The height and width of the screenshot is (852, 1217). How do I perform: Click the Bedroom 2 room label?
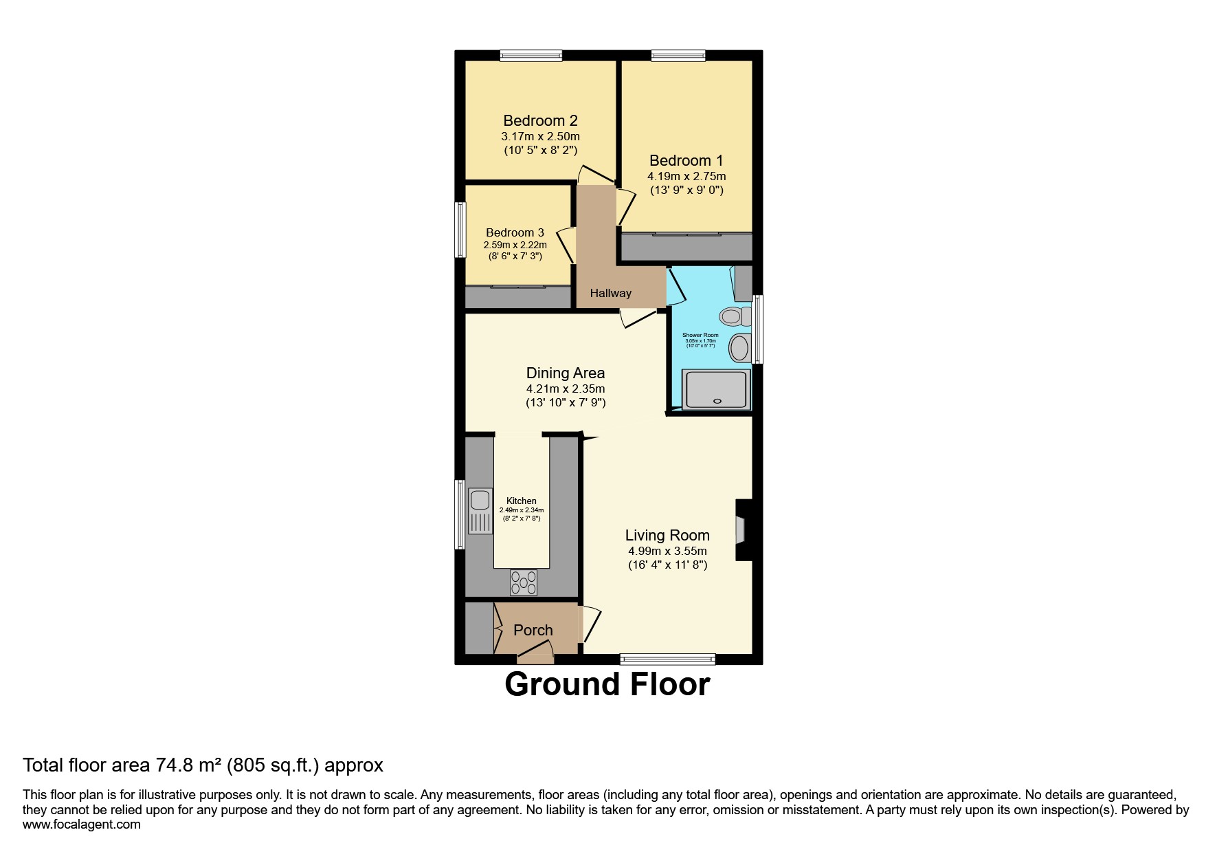tap(540, 121)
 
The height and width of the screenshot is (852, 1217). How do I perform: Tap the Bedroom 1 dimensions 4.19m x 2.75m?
tap(686, 176)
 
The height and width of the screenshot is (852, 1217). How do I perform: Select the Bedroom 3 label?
tap(515, 232)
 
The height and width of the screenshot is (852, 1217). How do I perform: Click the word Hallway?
tap(610, 293)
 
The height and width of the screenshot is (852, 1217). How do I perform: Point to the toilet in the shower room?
tap(733, 316)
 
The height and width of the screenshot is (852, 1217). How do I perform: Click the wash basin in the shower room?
tap(739, 347)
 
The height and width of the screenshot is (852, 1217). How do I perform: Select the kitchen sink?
tap(480, 510)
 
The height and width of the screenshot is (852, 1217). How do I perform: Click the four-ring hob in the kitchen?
tap(524, 583)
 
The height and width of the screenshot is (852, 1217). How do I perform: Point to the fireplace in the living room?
tap(742, 529)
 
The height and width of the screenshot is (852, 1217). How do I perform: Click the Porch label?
tap(533, 630)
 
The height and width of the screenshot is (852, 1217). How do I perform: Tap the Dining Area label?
tap(566, 373)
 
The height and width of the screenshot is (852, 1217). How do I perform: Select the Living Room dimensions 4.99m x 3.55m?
tap(667, 551)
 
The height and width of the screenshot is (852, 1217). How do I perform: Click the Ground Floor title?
tap(607, 685)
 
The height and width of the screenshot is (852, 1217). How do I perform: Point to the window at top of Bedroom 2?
tap(531, 56)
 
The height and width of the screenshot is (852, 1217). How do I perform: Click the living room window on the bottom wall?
tap(667, 659)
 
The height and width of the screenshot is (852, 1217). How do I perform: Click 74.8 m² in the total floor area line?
tap(183, 765)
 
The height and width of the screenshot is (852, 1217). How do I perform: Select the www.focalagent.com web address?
tap(82, 824)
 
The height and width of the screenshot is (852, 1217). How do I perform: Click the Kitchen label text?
tap(521, 501)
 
